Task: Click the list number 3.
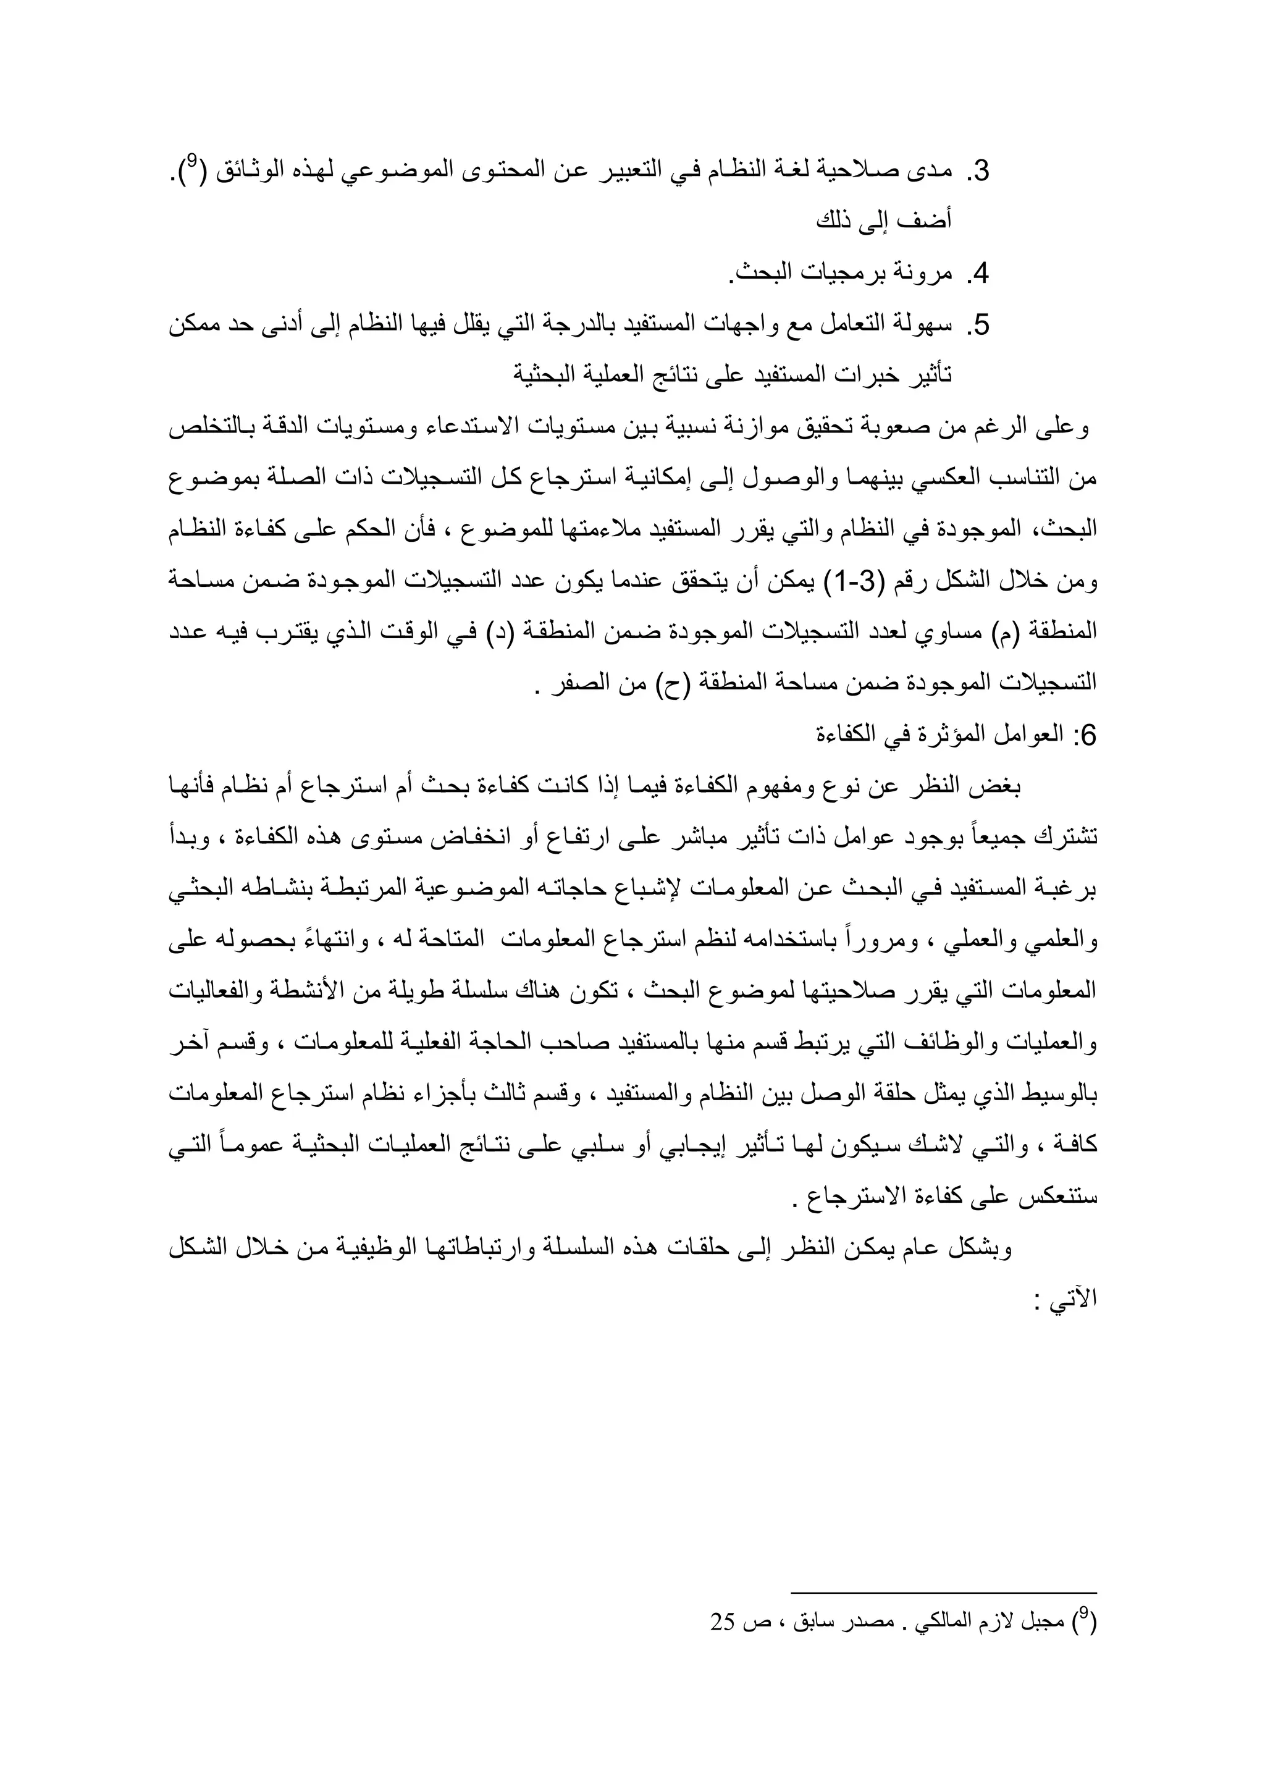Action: pos(980,171)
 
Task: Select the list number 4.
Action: pos(980,274)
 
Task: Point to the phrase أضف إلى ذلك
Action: pos(884,222)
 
